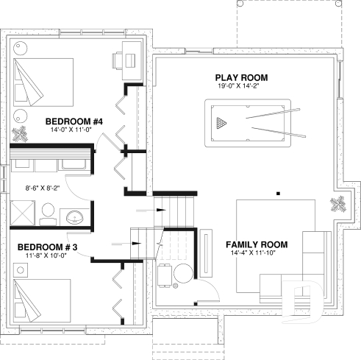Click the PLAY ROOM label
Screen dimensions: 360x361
click(x=241, y=77)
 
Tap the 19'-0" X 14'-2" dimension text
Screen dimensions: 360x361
click(x=242, y=86)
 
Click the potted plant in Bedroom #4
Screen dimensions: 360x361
click(x=20, y=133)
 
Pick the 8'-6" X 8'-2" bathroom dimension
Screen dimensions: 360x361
click(x=43, y=188)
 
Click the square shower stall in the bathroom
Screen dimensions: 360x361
click(x=23, y=213)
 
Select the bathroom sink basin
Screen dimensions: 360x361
click(x=74, y=218)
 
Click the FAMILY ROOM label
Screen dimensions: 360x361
click(x=257, y=244)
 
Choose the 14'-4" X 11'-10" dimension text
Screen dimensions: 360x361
click(x=257, y=253)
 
